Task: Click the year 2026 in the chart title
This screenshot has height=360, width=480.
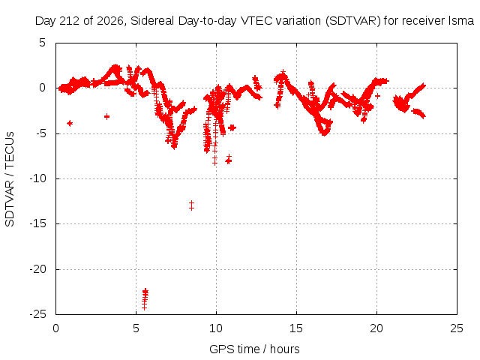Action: coord(110,21)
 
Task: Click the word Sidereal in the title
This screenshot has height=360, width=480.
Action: coord(152,21)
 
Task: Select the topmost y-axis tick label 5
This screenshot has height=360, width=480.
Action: coord(42,43)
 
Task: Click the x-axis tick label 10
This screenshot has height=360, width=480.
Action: coord(216,328)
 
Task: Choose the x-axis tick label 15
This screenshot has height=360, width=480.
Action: coord(296,328)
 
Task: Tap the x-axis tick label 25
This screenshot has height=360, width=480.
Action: coord(457,328)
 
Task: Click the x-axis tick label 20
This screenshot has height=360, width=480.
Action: coord(376,328)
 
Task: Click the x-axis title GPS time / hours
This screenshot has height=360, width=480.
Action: coord(254,349)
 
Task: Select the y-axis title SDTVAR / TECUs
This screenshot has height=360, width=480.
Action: coord(10,179)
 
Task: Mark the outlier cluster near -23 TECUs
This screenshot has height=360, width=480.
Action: coord(145,298)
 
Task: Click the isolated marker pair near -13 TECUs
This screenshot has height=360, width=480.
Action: coord(192,205)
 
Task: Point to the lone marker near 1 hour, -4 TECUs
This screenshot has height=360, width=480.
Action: coord(70,123)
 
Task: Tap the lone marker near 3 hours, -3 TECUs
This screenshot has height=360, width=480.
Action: coord(106,117)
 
